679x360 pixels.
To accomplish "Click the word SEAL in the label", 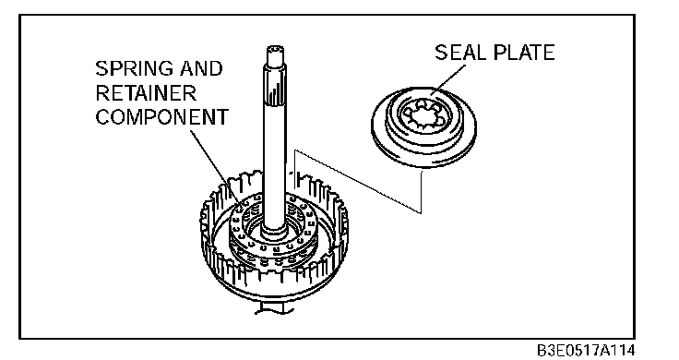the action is [459, 53].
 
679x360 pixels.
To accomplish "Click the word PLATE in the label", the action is [524, 53].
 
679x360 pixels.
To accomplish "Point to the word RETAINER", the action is [146, 92].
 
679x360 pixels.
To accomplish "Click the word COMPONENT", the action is [162, 117].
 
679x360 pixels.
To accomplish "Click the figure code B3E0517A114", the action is [586, 350].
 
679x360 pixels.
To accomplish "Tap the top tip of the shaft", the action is [276, 47].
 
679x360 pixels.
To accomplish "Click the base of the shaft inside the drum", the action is [274, 230].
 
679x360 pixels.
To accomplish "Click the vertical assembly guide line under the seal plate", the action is [421, 191].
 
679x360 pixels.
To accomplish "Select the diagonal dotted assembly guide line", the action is [358, 182].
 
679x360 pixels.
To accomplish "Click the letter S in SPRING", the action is [101, 68].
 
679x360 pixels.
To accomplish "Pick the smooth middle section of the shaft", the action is [275, 164].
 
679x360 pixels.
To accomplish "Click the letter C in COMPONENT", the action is [102, 117].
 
